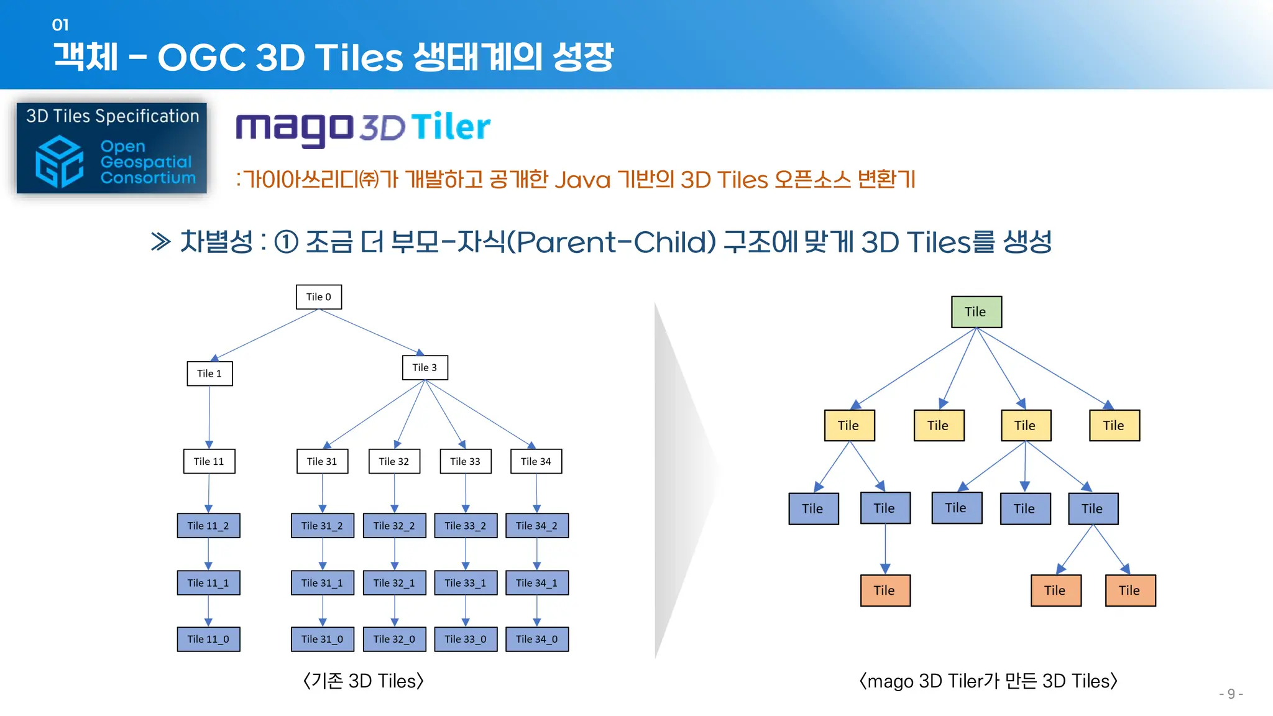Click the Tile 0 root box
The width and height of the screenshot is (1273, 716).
pos(319,297)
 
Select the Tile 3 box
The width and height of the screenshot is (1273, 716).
pos(425,367)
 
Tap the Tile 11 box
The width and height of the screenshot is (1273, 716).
pos(209,461)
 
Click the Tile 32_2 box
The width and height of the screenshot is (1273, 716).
pos(394,526)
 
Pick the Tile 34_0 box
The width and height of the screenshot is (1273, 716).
pos(537,639)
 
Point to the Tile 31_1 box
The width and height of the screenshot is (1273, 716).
pos(322,583)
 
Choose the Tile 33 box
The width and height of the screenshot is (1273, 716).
pos(466,461)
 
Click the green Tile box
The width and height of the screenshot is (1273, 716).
pos(976,312)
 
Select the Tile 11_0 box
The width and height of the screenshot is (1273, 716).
pos(208,639)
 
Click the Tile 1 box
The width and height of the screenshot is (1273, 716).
pos(209,374)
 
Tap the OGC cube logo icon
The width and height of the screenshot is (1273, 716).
pos(60,162)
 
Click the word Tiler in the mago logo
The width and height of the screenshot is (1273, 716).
pos(450,127)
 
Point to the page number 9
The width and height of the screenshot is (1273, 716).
pos(1231,694)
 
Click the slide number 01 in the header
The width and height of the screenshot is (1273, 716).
pos(60,25)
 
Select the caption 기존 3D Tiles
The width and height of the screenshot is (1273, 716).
pos(364,681)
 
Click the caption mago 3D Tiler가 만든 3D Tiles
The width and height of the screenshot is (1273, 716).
pos(988,681)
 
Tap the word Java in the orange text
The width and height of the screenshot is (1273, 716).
pos(582,180)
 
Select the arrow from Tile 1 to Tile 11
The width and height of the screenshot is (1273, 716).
pos(209,416)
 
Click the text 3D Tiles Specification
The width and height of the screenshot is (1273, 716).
pos(113,116)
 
